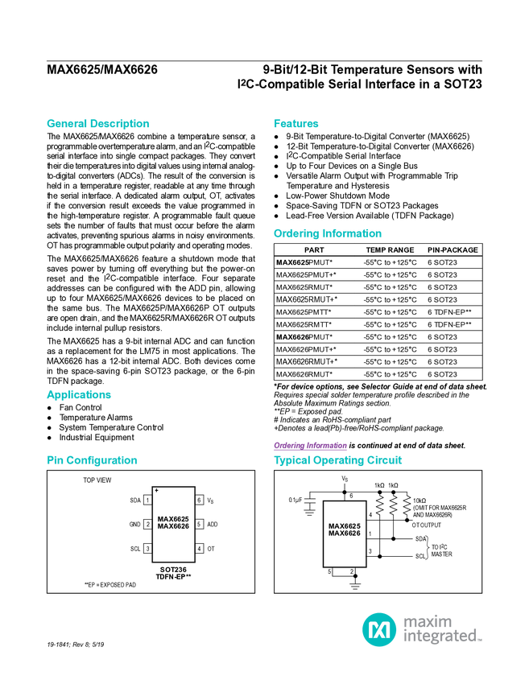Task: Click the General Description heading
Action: coord(98,124)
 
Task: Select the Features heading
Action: coord(296,124)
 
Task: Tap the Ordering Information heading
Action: coord(327,233)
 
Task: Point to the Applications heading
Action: coord(79,395)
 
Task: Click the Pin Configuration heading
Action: coord(93,460)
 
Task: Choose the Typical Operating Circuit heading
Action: coord(338,460)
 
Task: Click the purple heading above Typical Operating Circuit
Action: coord(310,445)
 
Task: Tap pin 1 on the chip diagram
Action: coord(148,500)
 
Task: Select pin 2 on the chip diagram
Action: coord(148,525)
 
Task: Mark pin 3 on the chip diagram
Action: coord(148,549)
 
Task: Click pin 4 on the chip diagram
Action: coord(199,549)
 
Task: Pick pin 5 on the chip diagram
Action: coord(199,525)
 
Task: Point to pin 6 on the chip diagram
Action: coord(199,500)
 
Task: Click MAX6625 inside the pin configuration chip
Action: coord(173,519)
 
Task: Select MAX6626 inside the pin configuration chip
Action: coord(173,526)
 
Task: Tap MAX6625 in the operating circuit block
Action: coord(345,526)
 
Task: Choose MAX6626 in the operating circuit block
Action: coord(345,534)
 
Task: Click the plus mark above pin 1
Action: coord(156,490)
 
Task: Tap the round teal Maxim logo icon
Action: coord(378,628)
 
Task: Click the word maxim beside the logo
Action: coord(428,620)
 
